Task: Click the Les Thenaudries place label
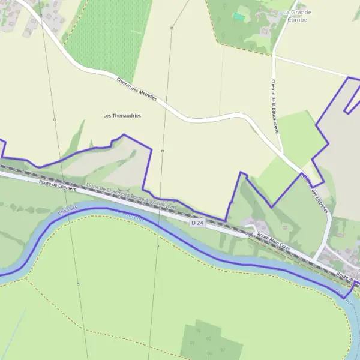122,115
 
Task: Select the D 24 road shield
197,223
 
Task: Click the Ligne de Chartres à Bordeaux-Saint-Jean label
133,196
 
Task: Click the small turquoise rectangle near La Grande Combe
239,17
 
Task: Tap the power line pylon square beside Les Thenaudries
55,120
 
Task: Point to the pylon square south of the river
78,284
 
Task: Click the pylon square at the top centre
172,28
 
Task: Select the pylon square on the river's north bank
157,245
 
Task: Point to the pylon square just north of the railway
163,151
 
